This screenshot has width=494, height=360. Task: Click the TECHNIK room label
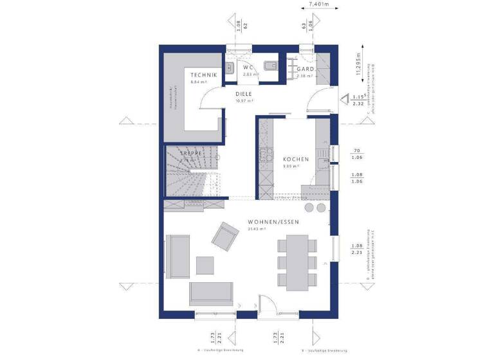click(203, 75)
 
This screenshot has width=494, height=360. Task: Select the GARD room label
click(305, 69)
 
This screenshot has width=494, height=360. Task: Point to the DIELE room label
click(243, 94)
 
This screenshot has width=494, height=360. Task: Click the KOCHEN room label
click(295, 159)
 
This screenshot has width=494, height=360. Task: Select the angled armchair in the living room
click(226, 237)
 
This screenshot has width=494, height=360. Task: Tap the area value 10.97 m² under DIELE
click(244, 101)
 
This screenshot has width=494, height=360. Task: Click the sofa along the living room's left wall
click(178, 255)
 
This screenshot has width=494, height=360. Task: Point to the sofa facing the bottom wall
click(211, 292)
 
